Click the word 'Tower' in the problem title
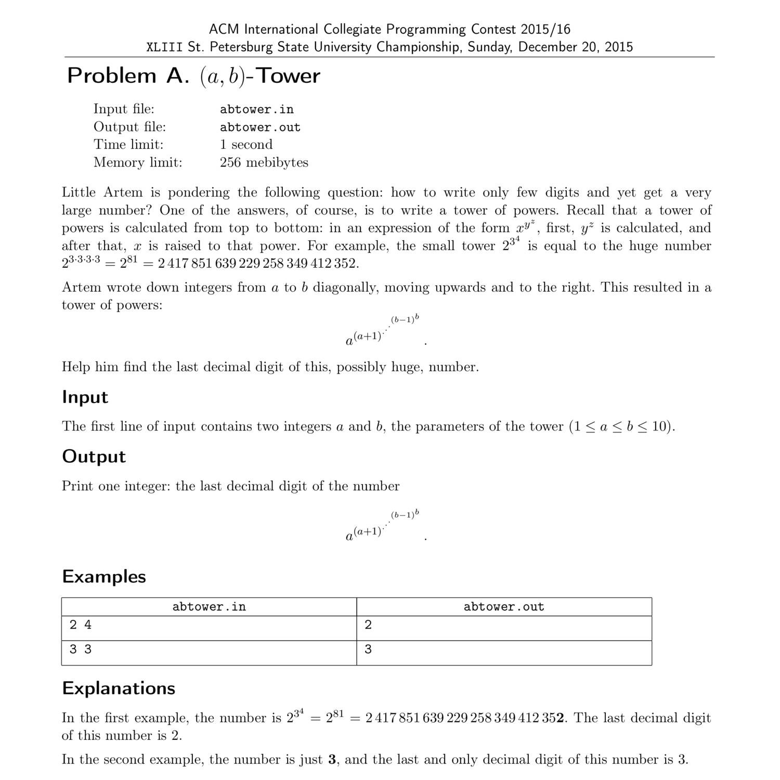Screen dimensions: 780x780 point(289,76)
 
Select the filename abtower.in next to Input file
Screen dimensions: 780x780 point(256,109)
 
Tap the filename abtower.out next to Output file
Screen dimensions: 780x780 point(260,127)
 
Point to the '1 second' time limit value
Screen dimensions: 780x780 point(246,145)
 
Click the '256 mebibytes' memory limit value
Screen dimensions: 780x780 point(264,162)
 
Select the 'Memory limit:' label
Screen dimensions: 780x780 point(138,162)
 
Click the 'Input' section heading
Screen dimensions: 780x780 point(85,397)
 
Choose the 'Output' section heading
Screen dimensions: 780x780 point(94,457)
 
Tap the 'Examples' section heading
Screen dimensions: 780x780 point(104,577)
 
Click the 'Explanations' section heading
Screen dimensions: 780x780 point(119,688)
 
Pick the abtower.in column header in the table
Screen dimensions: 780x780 point(209,607)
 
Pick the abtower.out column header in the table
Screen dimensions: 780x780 point(504,607)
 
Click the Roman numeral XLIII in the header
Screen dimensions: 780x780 point(164,47)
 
